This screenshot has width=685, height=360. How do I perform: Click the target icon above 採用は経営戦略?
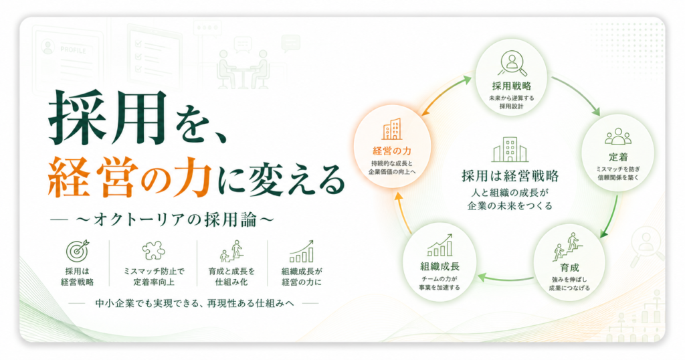[78, 251]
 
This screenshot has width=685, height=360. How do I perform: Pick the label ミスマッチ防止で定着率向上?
[153, 276]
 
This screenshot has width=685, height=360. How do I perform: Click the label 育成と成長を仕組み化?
[231, 276]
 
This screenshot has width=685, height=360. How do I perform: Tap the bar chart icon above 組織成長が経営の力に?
[302, 251]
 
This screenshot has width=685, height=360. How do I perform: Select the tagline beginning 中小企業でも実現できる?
[195, 302]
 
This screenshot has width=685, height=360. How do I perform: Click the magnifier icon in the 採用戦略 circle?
[512, 64]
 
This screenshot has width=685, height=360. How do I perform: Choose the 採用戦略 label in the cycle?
[511, 86]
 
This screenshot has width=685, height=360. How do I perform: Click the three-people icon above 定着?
[617, 137]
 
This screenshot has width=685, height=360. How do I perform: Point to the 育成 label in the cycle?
[569, 268]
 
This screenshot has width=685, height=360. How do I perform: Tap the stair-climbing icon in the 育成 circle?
[568, 247]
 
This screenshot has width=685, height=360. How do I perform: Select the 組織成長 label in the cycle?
[439, 266]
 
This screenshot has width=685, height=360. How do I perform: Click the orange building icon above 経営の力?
[392, 129]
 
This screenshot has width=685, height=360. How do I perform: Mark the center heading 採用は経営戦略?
[510, 175]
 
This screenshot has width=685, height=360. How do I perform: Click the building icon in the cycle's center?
[510, 149]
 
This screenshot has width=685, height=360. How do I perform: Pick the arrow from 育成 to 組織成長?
[506, 279]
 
